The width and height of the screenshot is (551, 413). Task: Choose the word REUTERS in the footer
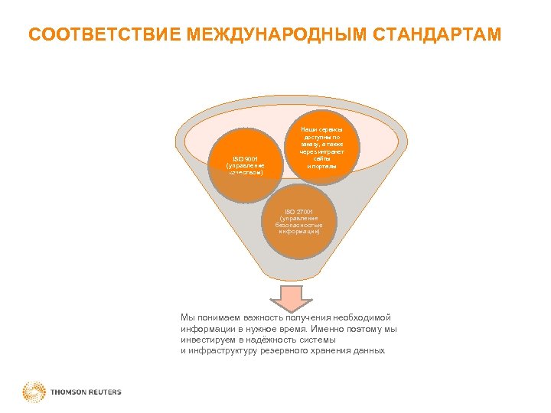pos(103,392)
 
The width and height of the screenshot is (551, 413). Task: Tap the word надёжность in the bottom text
pos(274,339)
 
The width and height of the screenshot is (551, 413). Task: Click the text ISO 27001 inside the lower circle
pos(299,210)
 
